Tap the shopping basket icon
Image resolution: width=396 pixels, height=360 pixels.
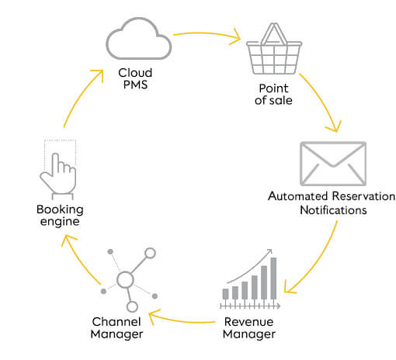click(x=274, y=49)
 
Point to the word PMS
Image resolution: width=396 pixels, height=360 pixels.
click(x=135, y=85)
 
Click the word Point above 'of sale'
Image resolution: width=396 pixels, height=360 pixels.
click(x=273, y=88)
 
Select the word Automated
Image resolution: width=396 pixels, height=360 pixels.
click(x=298, y=196)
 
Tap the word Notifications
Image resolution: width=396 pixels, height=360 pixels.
click(x=333, y=210)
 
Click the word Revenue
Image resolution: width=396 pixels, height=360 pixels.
click(x=249, y=322)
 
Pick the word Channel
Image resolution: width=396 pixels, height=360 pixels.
click(x=116, y=322)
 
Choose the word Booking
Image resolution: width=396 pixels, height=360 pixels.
click(x=60, y=209)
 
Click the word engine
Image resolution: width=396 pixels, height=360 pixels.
click(x=60, y=222)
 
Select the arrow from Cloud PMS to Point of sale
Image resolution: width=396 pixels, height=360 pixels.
click(x=207, y=33)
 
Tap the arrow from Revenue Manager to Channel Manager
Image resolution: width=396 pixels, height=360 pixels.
click(x=181, y=320)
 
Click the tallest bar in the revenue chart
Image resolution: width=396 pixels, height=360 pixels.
click(x=273, y=278)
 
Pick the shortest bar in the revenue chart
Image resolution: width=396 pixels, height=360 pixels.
click(x=225, y=294)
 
